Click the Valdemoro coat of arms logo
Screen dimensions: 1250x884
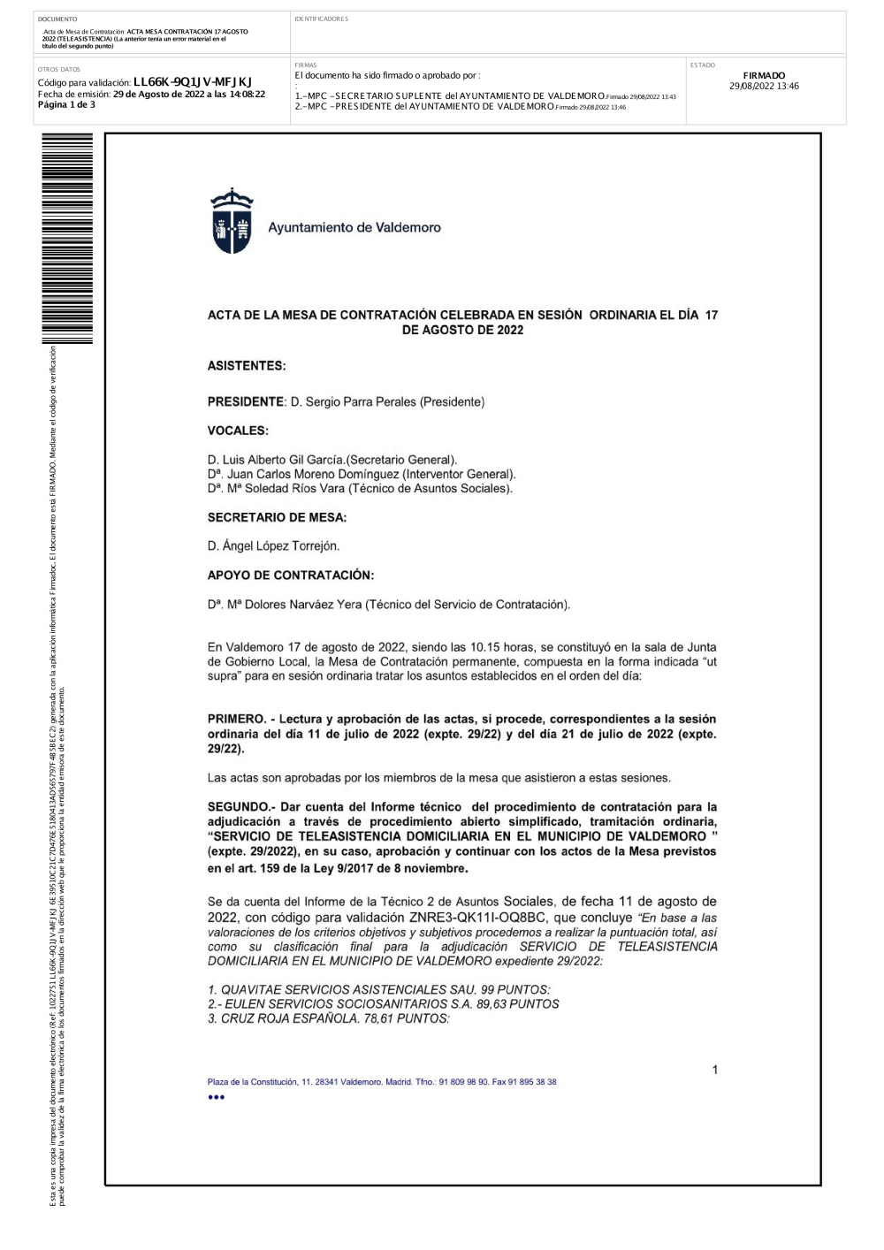point(232,221)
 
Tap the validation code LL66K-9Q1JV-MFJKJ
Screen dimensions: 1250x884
point(192,82)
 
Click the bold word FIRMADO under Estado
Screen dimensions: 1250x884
point(764,76)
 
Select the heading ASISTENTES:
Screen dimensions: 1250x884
point(247,366)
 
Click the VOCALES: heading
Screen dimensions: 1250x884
point(238,431)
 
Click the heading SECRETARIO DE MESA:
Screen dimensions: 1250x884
point(277,518)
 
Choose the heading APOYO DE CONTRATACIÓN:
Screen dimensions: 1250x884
point(291,575)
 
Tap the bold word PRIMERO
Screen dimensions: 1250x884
point(236,720)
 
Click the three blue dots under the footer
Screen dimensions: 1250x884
point(217,1097)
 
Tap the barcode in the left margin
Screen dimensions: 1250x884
point(67,239)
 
